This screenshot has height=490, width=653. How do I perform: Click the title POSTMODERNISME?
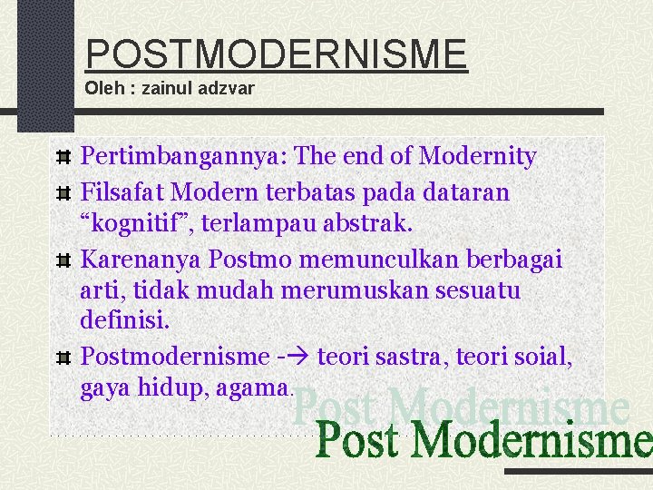pos(276,54)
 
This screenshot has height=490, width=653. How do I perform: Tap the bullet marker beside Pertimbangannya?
pos(63,158)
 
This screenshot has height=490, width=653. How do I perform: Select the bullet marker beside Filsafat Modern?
pos(63,193)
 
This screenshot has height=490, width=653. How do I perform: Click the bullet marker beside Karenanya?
pos(63,260)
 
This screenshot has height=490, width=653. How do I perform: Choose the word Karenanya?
pos(141,260)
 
